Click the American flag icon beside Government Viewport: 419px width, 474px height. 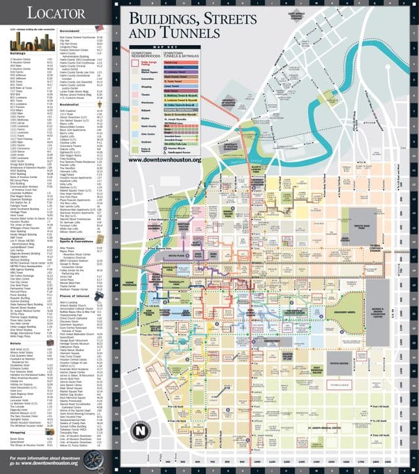pos(100,28)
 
